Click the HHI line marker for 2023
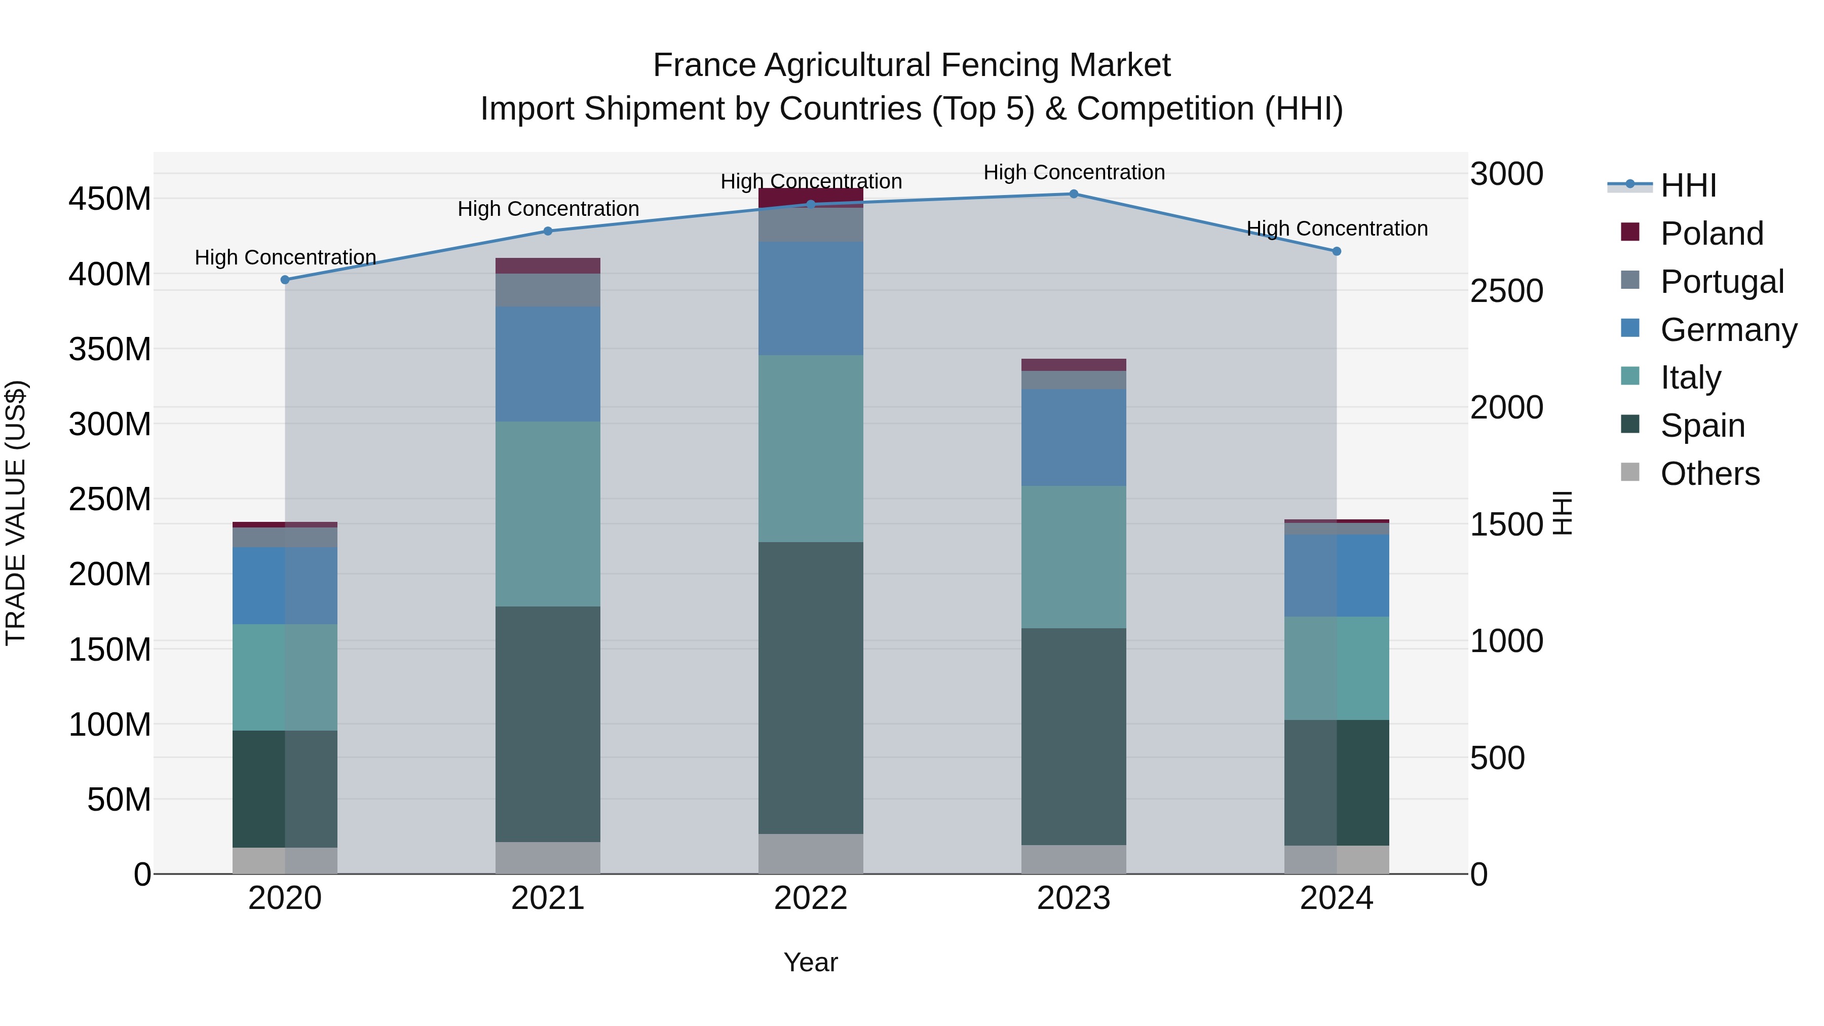tap(1074, 194)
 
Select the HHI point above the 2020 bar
tap(285, 280)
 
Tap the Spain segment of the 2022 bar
tap(811, 688)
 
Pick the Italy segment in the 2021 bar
tap(547, 514)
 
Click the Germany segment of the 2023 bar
tap(1074, 437)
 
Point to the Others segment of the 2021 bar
tap(547, 857)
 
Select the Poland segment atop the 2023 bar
tap(1074, 365)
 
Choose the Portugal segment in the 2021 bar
tap(547, 290)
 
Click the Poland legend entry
tap(1712, 233)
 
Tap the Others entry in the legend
tap(1709, 473)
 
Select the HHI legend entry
tap(1688, 185)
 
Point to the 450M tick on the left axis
tap(110, 199)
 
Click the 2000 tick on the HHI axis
tap(1507, 407)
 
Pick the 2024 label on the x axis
tap(1336, 898)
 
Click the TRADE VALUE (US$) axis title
tap(16, 513)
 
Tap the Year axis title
tap(811, 962)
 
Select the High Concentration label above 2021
tap(548, 209)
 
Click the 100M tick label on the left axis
tap(110, 725)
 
